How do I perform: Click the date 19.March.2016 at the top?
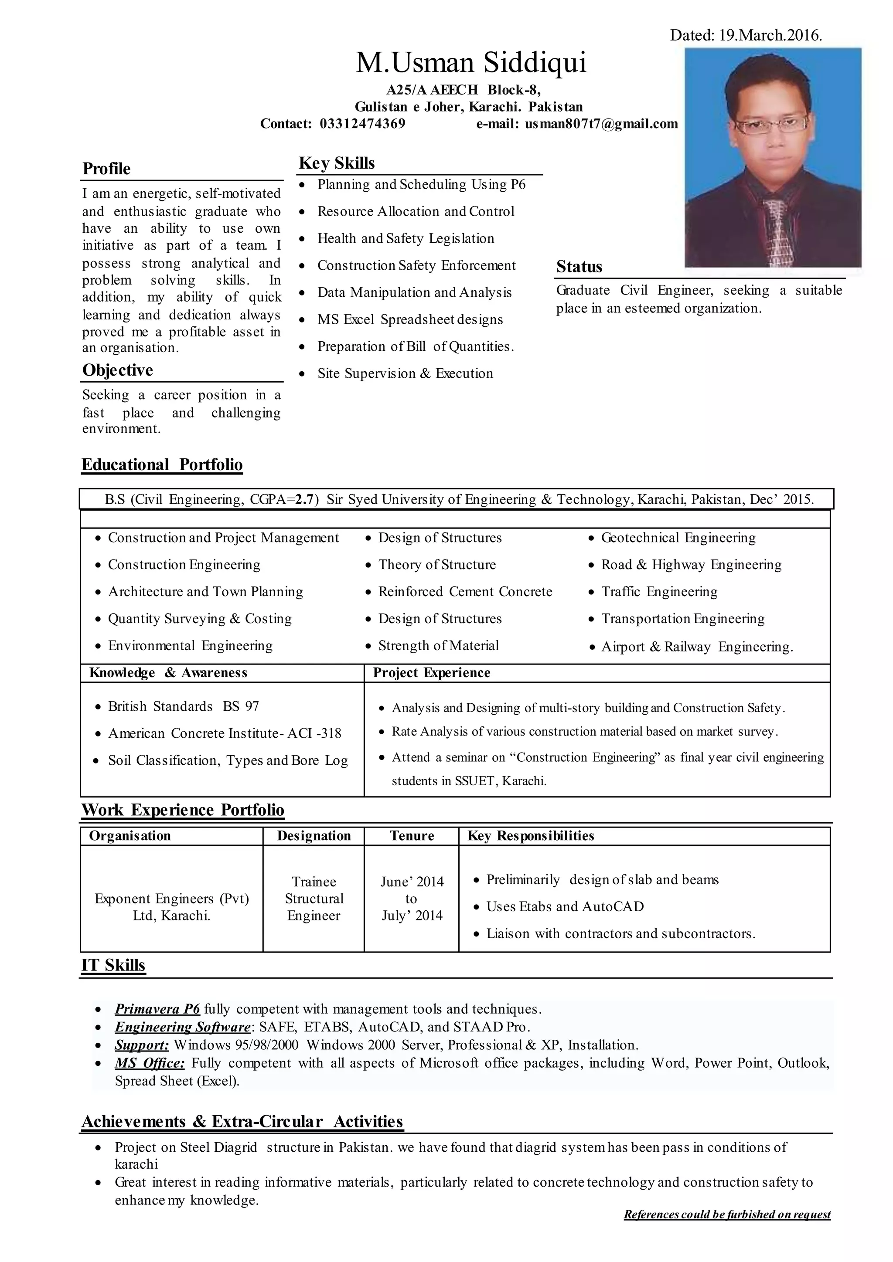click(770, 36)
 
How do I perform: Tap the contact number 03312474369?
click(362, 124)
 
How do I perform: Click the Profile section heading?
click(107, 169)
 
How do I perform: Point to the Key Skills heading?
click(337, 163)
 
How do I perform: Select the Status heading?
click(579, 267)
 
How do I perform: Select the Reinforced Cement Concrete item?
click(465, 592)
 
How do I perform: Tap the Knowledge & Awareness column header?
click(168, 673)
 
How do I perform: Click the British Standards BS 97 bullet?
click(183, 706)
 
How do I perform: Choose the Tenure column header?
click(412, 836)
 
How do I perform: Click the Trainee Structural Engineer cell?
click(314, 899)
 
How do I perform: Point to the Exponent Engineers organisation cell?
click(171, 907)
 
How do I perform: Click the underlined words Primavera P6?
click(157, 1009)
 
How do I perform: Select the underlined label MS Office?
click(150, 1063)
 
